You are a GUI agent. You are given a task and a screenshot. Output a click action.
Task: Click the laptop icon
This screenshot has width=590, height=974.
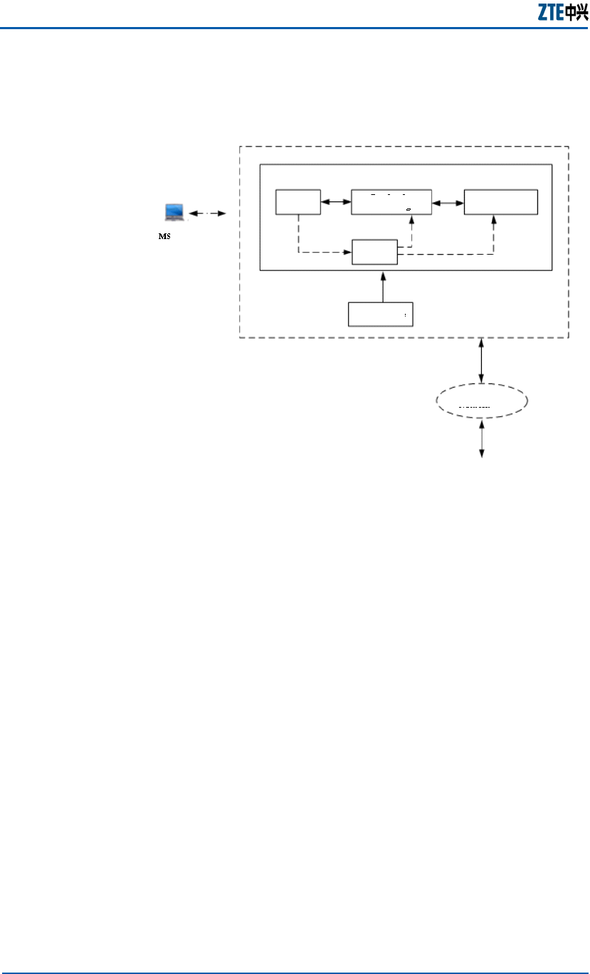[x=174, y=212]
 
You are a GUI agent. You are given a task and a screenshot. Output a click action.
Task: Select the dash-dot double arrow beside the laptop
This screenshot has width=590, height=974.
[x=207, y=213]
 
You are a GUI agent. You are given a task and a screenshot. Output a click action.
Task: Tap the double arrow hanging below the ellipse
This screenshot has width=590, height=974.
[x=483, y=438]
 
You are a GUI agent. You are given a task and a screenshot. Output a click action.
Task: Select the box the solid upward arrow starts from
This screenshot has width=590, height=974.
[x=381, y=314]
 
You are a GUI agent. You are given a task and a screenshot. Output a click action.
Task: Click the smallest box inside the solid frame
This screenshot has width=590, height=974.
[x=299, y=202]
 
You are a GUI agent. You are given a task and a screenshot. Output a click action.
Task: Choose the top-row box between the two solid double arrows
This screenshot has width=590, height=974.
[x=392, y=202]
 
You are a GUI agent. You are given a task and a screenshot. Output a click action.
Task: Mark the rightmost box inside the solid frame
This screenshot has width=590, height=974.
[x=501, y=202]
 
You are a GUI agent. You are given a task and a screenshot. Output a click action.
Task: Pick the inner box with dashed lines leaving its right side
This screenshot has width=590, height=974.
[x=375, y=252]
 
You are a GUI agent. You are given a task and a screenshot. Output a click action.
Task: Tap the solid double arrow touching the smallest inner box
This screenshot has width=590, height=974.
[x=336, y=202]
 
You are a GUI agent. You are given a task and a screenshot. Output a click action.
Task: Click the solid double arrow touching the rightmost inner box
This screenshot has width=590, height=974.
[x=448, y=203]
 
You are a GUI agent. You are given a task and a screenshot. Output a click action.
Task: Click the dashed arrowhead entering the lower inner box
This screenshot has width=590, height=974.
[x=349, y=252]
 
